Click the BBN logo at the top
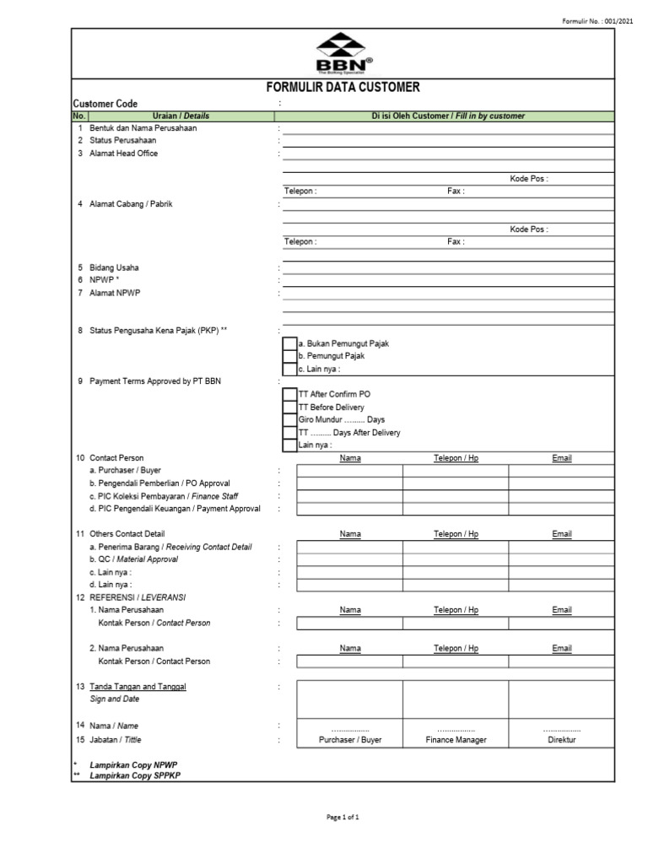[x=343, y=55]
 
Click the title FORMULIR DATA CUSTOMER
[x=343, y=87]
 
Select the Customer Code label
[x=105, y=103]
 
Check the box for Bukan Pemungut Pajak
[x=290, y=344]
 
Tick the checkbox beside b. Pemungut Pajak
[x=290, y=357]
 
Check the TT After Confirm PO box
[x=290, y=395]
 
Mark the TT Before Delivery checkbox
[x=290, y=408]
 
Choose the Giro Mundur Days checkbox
[x=290, y=420]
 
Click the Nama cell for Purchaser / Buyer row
[x=349, y=471]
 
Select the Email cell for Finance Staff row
[x=561, y=496]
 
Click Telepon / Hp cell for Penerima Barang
[x=456, y=547]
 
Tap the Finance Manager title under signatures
[x=456, y=740]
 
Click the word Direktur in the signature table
[x=562, y=740]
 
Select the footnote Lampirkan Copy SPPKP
[x=135, y=775]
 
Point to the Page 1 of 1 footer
[x=343, y=817]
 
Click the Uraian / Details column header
[x=181, y=116]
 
